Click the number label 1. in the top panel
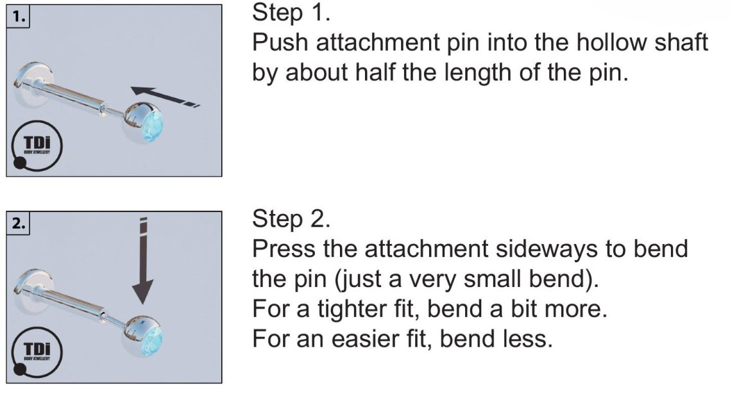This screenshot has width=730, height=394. [x=18, y=17]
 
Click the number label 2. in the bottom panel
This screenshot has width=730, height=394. [x=18, y=224]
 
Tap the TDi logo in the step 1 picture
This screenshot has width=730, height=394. [x=36, y=145]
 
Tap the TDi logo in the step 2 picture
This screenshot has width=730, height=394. [x=36, y=352]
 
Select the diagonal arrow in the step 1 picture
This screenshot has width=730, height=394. [x=165, y=97]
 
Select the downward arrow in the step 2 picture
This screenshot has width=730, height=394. [x=143, y=261]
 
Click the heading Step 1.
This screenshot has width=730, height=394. [x=291, y=13]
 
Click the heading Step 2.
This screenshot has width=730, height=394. [x=291, y=218]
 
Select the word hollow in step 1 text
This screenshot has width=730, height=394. [x=611, y=42]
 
